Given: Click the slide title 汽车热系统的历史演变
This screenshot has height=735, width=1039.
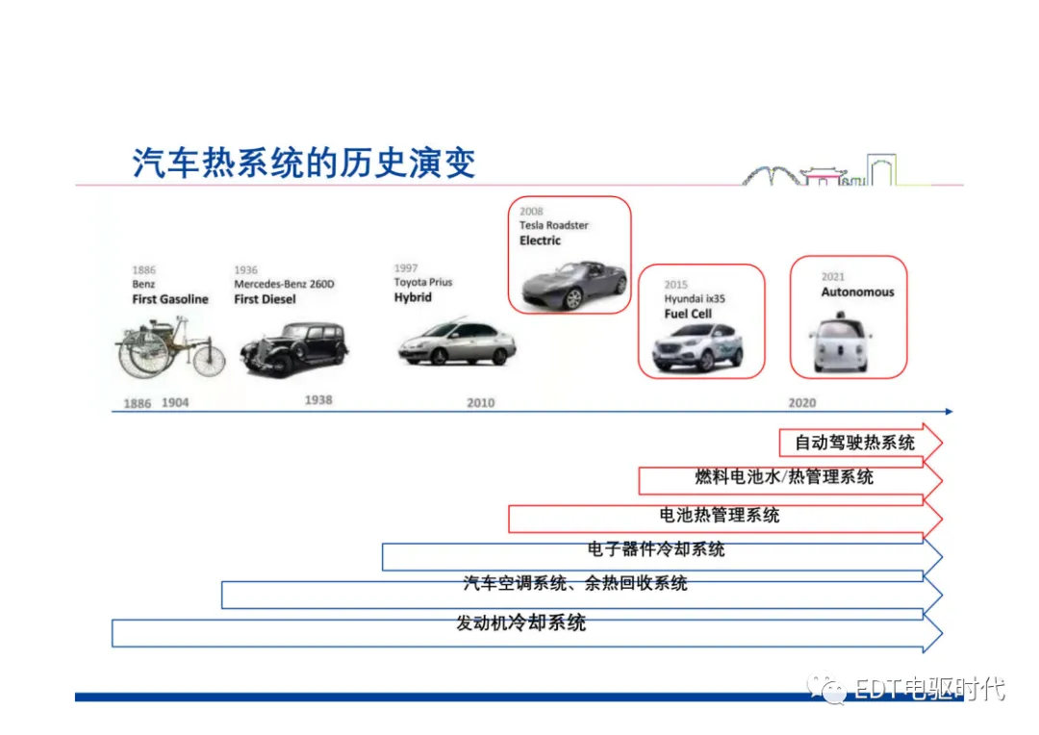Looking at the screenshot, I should point(304,164).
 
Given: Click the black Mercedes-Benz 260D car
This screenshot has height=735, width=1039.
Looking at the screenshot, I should point(293,348).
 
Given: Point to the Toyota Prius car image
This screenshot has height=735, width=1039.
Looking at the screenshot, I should point(457,342).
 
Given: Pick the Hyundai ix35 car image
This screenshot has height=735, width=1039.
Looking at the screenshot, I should point(697,347).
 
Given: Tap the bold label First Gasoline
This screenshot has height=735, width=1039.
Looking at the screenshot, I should point(170,299).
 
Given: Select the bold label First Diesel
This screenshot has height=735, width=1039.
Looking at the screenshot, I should point(265,299).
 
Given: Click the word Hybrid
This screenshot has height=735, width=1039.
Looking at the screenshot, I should point(413,297).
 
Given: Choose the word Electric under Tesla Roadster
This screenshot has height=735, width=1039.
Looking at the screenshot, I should point(540,241).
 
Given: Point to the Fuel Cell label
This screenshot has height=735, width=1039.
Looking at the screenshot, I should point(688,314).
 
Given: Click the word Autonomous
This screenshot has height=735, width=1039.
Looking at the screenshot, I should point(857,292).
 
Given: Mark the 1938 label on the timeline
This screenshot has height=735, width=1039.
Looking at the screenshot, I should point(318,399).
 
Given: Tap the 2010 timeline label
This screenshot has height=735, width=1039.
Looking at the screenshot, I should point(480,402).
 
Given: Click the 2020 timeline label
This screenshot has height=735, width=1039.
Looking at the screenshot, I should point(801,402).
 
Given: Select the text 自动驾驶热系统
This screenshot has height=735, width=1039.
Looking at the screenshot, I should point(854,444).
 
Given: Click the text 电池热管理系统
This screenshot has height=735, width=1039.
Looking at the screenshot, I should point(720,516).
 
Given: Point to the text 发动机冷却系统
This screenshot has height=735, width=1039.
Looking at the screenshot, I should point(520,622).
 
